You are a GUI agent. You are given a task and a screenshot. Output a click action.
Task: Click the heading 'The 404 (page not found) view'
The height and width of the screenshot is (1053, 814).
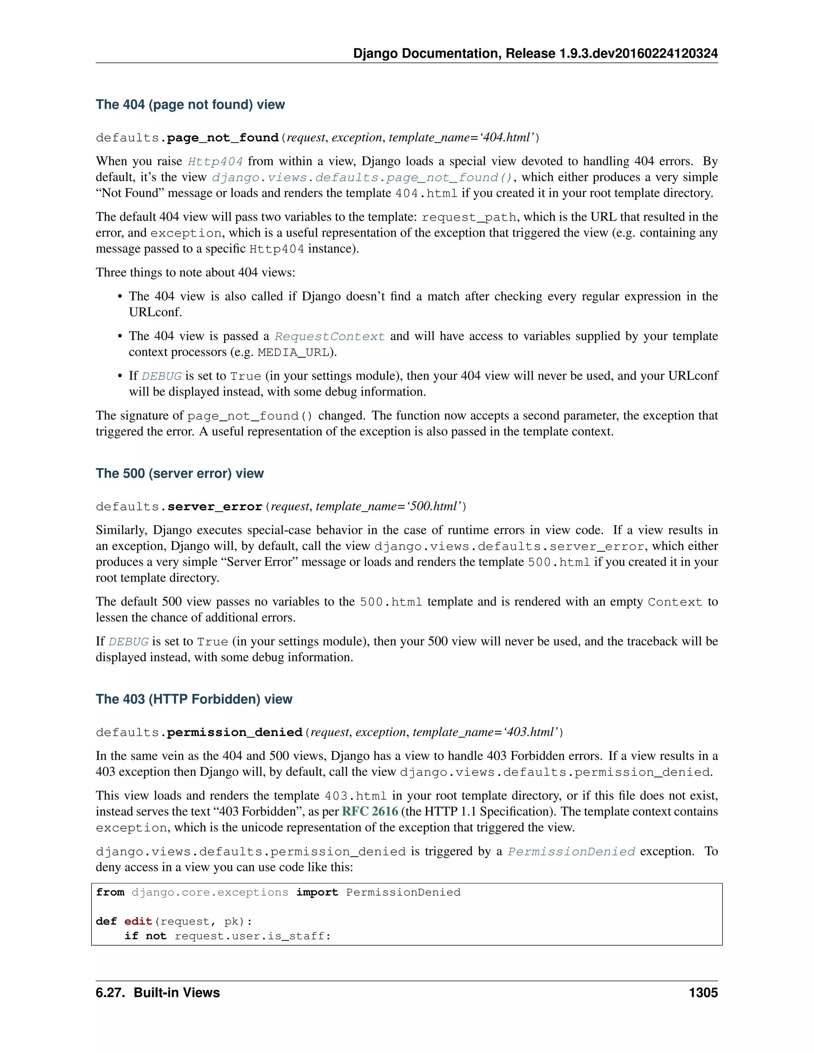[x=190, y=105]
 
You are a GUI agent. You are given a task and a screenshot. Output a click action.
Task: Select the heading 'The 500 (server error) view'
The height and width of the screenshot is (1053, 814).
[x=179, y=474]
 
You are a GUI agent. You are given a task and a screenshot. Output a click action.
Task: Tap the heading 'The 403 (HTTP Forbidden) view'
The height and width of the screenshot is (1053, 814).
[x=194, y=699]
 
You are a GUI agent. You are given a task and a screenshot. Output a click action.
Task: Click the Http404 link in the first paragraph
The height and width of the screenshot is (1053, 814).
[x=215, y=161]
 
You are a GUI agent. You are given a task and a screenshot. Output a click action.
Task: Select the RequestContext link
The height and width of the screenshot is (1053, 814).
[x=329, y=337]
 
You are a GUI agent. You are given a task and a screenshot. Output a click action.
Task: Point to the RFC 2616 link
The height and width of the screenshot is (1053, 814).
[x=370, y=811]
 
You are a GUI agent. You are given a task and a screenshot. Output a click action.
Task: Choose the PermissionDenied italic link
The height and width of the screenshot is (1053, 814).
[x=571, y=852]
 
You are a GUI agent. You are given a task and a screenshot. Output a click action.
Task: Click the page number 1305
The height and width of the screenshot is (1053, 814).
[x=703, y=993]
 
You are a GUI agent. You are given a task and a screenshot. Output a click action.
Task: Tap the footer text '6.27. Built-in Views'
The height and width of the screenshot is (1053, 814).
[x=158, y=993]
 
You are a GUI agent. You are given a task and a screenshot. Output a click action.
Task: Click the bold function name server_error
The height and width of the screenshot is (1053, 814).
[x=215, y=507]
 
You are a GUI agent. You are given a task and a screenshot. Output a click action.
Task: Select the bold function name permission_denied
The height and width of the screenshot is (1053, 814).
[x=235, y=732]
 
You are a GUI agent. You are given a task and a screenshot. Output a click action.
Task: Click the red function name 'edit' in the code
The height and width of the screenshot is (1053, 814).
[x=138, y=921]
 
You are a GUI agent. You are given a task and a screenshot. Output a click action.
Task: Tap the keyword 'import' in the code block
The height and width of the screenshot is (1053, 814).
[x=317, y=892]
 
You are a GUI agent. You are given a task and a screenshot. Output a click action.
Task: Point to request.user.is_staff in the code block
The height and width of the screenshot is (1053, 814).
[x=252, y=936]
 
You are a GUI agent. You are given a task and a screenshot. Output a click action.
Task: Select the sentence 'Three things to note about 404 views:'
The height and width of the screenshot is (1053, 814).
[x=195, y=273]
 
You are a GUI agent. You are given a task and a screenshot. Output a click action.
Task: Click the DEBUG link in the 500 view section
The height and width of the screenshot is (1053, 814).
[x=128, y=642]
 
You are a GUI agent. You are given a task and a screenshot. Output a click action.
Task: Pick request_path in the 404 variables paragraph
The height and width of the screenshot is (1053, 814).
[x=469, y=217]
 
